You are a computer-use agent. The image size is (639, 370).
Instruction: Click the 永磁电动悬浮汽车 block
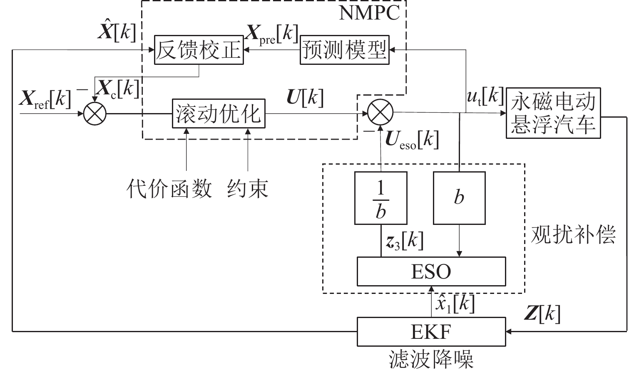tap(554, 113)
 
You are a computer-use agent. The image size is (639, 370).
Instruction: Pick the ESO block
tap(431, 271)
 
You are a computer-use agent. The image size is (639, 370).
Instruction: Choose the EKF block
tap(431, 332)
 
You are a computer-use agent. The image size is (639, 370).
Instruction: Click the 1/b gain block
tap(380, 198)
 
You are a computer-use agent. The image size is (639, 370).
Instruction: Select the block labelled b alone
tap(459, 198)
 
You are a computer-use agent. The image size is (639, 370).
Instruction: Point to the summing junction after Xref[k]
tap(95, 113)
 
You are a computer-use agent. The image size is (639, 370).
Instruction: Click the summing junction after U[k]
tap(380, 112)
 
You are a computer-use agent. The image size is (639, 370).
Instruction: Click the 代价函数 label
tap(169, 189)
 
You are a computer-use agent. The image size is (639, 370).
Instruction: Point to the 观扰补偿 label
tap(573, 235)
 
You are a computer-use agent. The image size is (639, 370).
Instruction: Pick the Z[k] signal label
tap(542, 314)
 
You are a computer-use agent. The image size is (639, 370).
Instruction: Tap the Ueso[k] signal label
tap(412, 140)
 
